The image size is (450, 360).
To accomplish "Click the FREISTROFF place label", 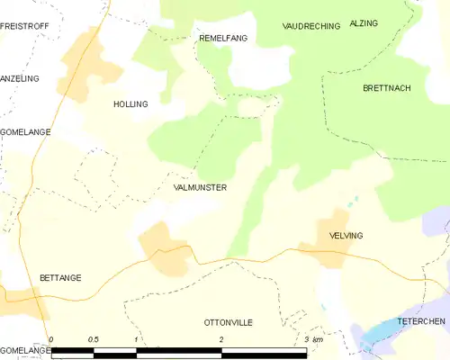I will coord(23,27).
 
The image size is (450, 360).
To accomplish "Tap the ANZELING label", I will coord(21,78).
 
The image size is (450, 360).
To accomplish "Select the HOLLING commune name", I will coord(130,104).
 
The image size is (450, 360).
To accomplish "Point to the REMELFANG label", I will coord(222,38).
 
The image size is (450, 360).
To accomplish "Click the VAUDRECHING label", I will coord(310,26).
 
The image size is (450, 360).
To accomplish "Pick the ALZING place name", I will coord(364,22).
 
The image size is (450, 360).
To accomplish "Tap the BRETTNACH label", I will coord(386,88).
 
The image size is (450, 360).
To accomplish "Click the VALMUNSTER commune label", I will coord(200,187).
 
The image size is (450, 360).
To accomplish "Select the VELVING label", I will coord(346,235).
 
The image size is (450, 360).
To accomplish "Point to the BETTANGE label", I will coord(60,278).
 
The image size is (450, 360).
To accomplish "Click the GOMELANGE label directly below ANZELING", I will coord(25,131).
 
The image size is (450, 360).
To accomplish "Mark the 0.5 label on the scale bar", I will coord(93,339).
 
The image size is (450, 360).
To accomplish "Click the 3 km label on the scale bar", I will coord(312,339).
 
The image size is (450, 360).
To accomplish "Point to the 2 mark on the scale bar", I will coord(220,339).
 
